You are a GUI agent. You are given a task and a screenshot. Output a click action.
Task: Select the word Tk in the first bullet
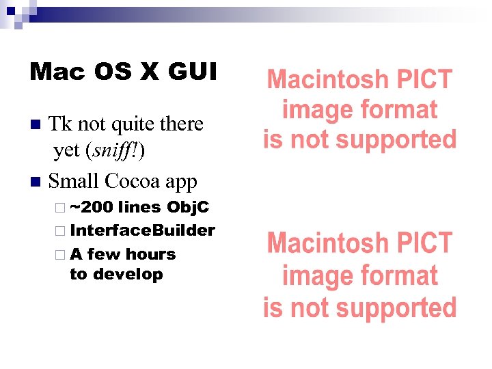pos(61,124)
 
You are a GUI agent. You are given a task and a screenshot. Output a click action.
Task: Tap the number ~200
pos(92,207)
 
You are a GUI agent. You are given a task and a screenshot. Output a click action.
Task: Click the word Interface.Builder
pos(142,230)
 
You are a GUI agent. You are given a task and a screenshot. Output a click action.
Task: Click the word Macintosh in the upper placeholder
pos(320,80)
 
